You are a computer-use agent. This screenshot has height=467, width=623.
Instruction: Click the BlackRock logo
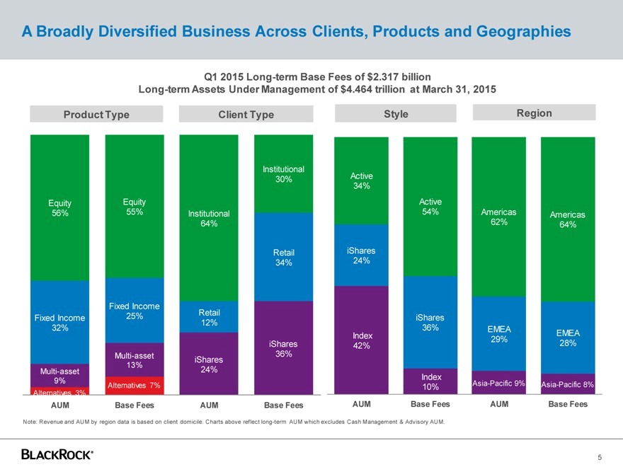pos(57,454)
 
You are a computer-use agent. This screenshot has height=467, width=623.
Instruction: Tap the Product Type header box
pos(96,114)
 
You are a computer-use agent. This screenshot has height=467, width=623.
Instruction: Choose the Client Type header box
pos(246,114)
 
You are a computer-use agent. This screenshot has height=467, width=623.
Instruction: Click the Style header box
pos(396,113)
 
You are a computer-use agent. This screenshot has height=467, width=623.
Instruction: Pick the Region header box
pos(534,113)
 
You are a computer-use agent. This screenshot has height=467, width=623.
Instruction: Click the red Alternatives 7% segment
pos(134,385)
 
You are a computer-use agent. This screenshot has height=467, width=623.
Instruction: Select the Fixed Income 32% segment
pos(59,323)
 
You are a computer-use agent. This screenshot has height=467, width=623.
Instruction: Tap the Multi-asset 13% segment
pos(134,359)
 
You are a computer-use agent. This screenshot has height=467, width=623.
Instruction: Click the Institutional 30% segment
pos(283,174)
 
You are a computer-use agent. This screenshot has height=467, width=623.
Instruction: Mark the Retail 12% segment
pos(209,318)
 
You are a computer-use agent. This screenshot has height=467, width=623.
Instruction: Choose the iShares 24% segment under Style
pos(361,255)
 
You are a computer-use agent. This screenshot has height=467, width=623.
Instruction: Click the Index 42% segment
pos(361,340)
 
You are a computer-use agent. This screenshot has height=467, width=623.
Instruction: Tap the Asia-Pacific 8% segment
pos(568,384)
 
